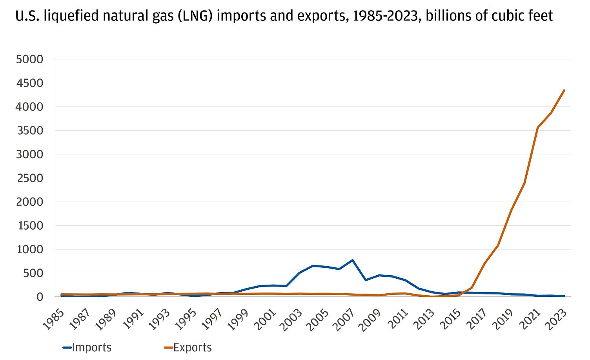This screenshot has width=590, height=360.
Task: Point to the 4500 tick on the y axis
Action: (x=30, y=83)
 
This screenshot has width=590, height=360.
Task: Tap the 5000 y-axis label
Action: (x=30, y=59)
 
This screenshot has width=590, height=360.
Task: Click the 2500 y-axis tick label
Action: (x=30, y=178)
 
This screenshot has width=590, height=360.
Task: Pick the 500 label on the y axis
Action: (x=33, y=273)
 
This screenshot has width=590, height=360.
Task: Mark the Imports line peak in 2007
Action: (x=352, y=260)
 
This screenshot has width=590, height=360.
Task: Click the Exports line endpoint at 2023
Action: (x=564, y=90)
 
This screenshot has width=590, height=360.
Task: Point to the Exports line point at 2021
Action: (x=537, y=128)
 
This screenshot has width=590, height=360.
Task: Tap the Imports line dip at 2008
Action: (x=366, y=280)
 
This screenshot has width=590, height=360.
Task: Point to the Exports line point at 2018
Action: (x=498, y=245)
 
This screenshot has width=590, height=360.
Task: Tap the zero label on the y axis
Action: (x=40, y=297)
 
